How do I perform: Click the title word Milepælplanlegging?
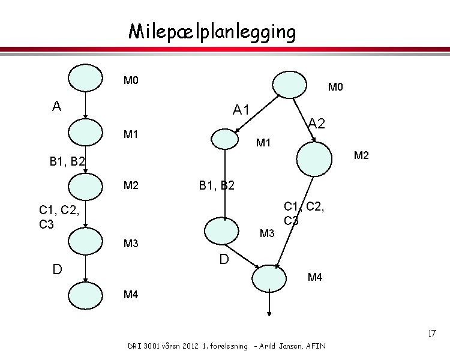tap(212, 32)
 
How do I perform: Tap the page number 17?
tap(431, 334)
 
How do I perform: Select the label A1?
tap(242, 110)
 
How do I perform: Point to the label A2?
tap(316, 124)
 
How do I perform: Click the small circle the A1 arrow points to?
tap(226, 139)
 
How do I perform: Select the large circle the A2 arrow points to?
tap(314, 157)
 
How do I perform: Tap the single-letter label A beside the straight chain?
tap(56, 106)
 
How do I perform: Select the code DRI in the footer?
tap(136, 346)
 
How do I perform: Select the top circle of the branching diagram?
tap(290, 83)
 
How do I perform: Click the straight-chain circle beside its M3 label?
tap(85, 242)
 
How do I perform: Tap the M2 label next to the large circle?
tap(361, 156)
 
